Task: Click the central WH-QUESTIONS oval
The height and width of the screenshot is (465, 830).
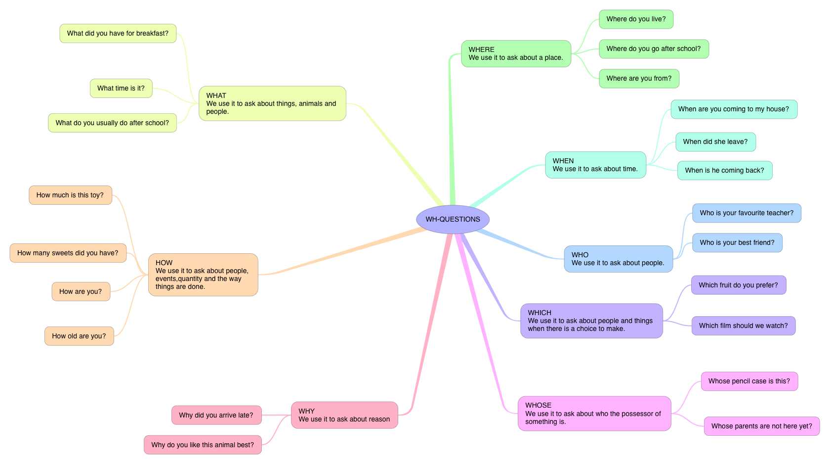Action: tap(453, 219)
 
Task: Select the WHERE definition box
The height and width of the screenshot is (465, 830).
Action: tap(516, 53)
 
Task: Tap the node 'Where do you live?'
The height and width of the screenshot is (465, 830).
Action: tap(636, 19)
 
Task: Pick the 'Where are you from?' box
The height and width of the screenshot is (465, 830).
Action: tap(639, 79)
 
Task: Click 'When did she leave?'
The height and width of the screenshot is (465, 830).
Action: tap(715, 142)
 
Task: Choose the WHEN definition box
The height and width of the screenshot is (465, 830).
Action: tap(595, 165)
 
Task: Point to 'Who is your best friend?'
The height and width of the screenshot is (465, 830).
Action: tap(737, 243)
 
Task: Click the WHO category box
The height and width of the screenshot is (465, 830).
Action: tap(618, 259)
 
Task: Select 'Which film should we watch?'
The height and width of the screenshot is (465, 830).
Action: tap(743, 325)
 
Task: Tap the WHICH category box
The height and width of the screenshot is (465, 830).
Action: tap(591, 321)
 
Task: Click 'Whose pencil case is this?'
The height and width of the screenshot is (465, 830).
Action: tap(749, 381)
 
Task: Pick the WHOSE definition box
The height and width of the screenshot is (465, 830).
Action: tap(594, 413)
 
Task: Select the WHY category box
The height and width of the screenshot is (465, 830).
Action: tap(344, 415)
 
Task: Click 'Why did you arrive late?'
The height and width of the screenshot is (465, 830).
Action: tap(216, 415)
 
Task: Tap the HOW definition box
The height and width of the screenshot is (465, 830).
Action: tap(203, 275)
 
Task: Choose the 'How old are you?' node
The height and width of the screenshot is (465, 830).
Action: tap(79, 336)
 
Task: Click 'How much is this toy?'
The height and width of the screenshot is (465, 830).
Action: tap(70, 195)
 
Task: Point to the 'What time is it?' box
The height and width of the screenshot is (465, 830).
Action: tap(121, 89)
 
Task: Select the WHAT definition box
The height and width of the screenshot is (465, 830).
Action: tap(272, 103)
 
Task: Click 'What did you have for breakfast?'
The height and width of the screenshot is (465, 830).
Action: tap(118, 34)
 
